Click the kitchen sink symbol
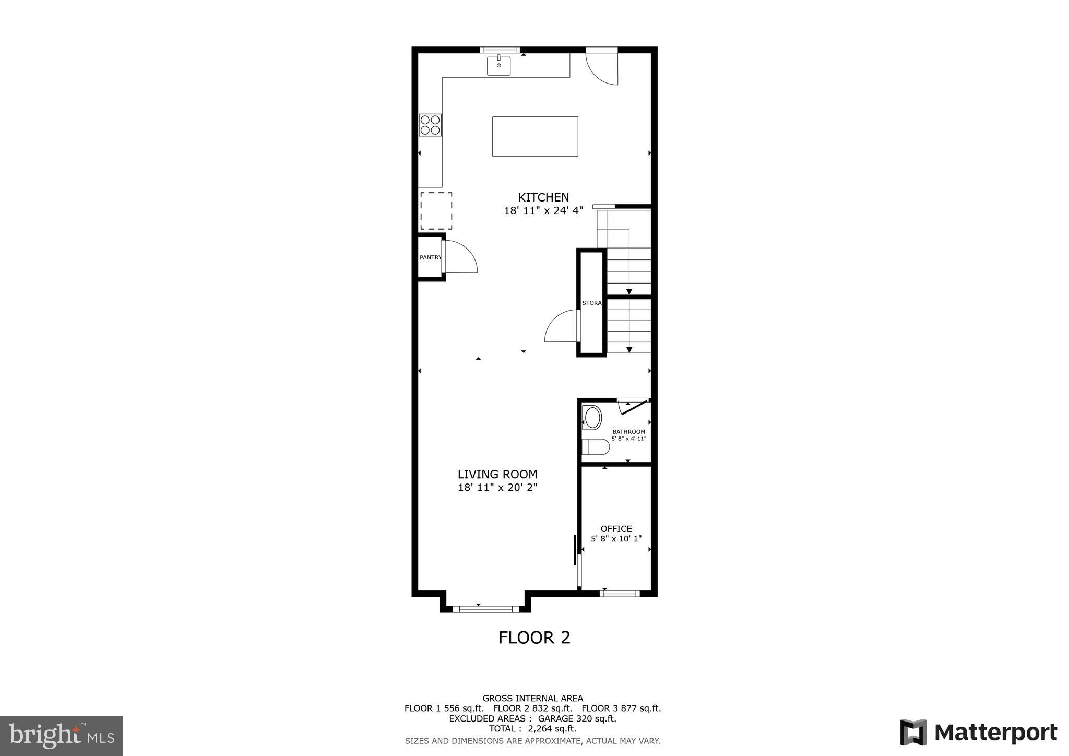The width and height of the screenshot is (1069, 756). (498, 66)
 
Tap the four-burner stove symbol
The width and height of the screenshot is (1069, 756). (430, 125)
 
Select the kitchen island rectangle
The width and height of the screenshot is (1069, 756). (535, 136)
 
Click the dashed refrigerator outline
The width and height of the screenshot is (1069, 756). (436, 211)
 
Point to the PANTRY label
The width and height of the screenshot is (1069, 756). (430, 257)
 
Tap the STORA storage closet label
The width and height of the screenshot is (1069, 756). (591, 303)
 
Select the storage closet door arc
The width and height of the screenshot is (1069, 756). (561, 327)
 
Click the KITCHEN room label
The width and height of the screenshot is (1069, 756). (543, 197)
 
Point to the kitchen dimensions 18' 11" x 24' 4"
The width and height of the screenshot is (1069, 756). (543, 211)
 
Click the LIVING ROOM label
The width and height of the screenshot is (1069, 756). (497, 474)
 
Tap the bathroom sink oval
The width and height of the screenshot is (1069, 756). (592, 418)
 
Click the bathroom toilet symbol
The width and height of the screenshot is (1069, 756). (596, 447)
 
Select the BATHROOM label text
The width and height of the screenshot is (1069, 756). (628, 432)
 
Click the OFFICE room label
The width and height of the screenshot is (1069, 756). (616, 529)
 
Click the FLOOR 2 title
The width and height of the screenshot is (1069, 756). (534, 637)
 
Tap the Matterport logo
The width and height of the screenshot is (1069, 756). (979, 733)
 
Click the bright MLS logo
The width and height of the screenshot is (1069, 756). (61, 736)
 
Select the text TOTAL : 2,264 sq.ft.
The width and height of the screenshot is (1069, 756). (532, 728)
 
